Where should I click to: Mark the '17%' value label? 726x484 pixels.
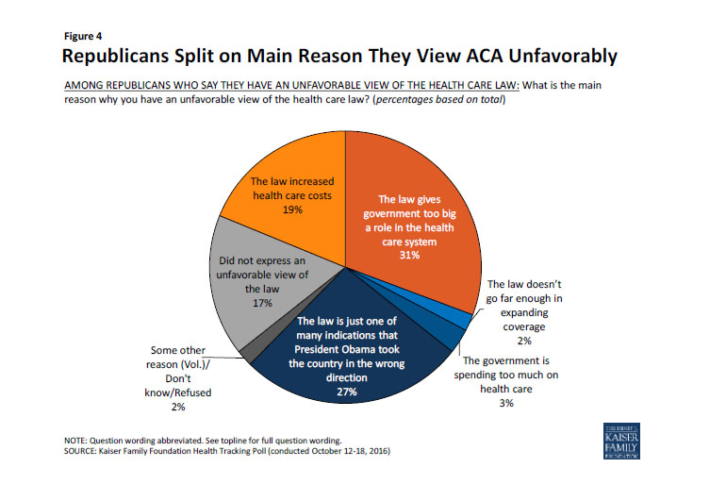click(262, 303)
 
